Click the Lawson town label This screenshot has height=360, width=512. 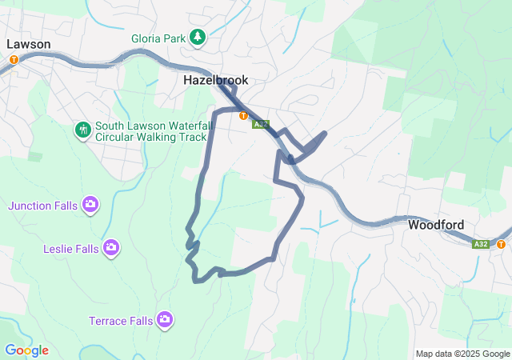(29, 44)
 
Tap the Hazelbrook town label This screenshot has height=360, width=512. (215, 80)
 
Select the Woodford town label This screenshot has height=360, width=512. (436, 225)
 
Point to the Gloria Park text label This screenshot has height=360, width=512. (158, 38)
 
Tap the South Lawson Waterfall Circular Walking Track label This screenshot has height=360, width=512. (150, 131)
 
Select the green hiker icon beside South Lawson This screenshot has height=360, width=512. (82, 130)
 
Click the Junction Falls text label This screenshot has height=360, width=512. (43, 206)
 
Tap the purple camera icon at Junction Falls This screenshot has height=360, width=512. (90, 205)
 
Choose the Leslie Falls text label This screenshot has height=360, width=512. (70, 249)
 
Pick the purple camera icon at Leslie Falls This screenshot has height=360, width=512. (111, 248)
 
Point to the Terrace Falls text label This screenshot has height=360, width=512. (120, 321)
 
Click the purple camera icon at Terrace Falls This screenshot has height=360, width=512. (165, 320)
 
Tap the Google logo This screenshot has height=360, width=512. (26, 350)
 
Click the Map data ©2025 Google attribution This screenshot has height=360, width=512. (462, 354)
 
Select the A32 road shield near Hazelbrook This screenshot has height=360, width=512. (261, 125)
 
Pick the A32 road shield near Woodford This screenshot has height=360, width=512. (480, 244)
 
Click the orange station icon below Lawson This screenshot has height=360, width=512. (14, 59)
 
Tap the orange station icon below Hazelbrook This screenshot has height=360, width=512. (242, 115)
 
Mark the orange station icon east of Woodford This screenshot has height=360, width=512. (501, 244)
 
